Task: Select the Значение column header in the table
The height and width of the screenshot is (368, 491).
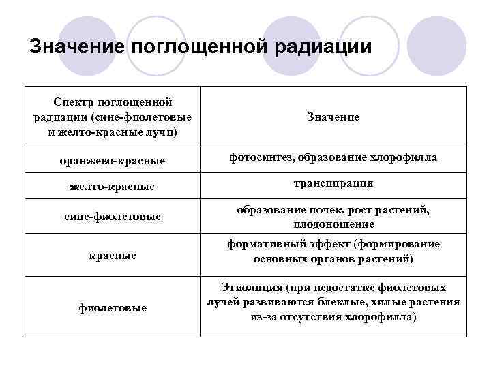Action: [x=333, y=117]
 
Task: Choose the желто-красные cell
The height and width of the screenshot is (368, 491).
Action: [x=113, y=185]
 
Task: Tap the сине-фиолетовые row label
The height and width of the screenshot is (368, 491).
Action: [x=113, y=216]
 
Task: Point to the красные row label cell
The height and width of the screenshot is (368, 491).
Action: [x=113, y=255]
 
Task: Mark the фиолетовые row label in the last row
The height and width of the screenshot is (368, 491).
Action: [x=113, y=307]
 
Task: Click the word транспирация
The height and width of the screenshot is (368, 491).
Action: [x=333, y=183]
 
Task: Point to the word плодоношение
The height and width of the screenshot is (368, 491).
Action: [x=333, y=224]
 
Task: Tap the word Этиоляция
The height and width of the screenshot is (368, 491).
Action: [x=249, y=288]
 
